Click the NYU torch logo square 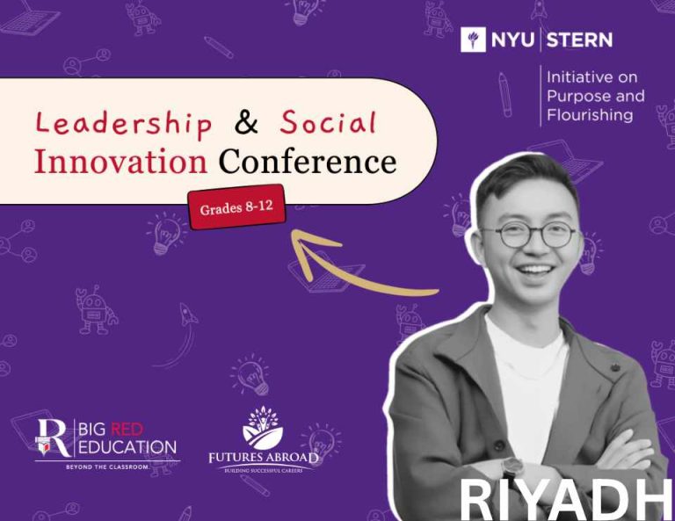point(473,40)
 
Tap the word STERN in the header point(579,40)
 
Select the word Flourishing point(590,115)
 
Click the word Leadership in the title point(124,124)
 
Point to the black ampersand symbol point(247,122)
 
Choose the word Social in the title point(328,122)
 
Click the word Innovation point(121,163)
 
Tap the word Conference point(308,163)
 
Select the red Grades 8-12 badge point(236,207)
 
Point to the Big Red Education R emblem point(54,438)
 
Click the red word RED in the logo point(127,429)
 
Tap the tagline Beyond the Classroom point(107,467)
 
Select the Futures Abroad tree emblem point(263,429)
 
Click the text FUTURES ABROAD point(264,458)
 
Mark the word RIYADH point(565,500)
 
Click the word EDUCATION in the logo point(127,447)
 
